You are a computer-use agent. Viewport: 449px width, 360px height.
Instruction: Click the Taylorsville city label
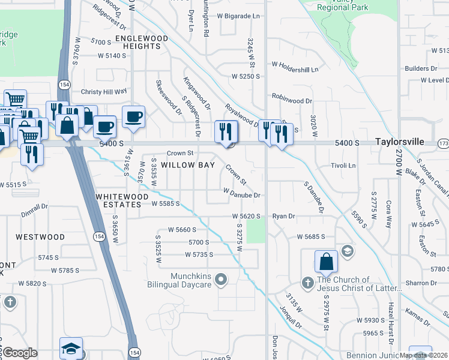(x=400, y=142)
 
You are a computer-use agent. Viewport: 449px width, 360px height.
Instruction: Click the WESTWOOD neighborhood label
(x=40, y=237)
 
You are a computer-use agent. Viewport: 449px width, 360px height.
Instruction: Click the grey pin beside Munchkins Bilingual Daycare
(x=221, y=279)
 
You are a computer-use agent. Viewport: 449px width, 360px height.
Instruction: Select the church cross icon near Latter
(x=307, y=282)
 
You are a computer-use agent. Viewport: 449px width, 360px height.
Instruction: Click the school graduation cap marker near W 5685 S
(x=346, y=250)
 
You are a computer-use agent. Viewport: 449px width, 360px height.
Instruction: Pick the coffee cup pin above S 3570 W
(x=133, y=116)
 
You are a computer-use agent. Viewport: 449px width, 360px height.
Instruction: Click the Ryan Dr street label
(x=284, y=216)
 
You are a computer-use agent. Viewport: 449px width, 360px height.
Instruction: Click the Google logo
(x=20, y=353)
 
